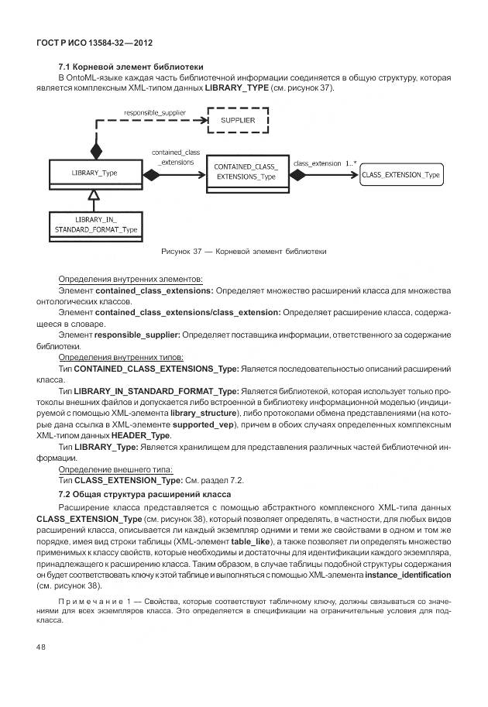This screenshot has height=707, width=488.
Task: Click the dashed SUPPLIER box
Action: tap(238, 122)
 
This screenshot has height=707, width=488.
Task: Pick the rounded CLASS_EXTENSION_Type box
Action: tap(401, 176)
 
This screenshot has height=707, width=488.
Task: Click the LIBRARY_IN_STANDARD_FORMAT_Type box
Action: tap(95, 225)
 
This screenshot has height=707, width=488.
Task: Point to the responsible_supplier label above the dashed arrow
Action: tap(154, 112)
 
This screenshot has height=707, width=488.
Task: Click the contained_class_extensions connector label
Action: tap(175, 158)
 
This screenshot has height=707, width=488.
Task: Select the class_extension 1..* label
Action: tap(325, 163)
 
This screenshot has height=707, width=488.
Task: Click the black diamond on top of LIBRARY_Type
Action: tap(96, 149)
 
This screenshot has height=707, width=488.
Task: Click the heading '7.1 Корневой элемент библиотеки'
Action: tap(131, 67)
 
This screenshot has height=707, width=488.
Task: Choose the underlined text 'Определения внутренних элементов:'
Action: tap(130, 278)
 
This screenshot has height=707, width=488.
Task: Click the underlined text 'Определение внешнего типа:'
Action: tap(115, 469)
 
